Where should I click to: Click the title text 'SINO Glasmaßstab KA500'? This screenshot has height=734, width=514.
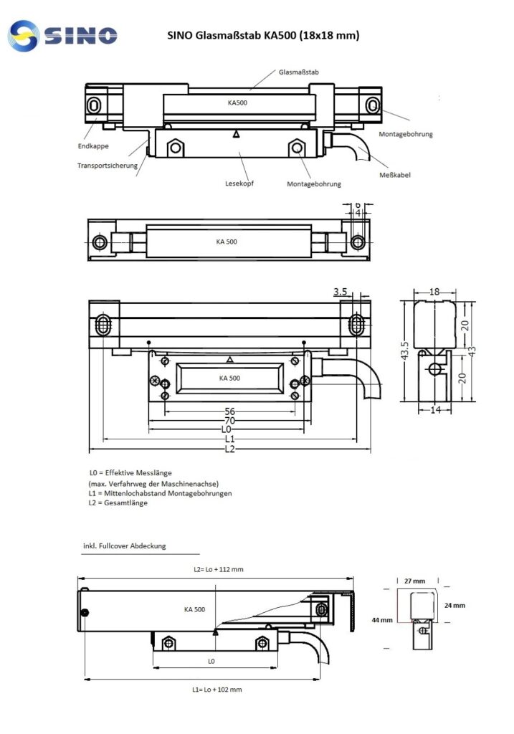(x=263, y=34)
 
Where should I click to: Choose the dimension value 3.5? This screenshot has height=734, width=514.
(x=341, y=292)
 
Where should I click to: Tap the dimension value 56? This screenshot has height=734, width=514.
(x=229, y=411)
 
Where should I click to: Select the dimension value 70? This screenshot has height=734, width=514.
(x=229, y=421)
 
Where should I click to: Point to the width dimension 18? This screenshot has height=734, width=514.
(x=434, y=292)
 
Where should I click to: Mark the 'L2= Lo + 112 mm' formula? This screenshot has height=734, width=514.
(x=219, y=570)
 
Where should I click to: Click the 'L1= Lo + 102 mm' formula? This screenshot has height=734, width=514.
(x=217, y=689)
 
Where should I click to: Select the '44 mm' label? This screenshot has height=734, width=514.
(x=381, y=619)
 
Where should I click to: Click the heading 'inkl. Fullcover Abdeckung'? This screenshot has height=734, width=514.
(x=125, y=545)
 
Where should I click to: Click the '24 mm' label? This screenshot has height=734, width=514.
(x=454, y=606)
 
